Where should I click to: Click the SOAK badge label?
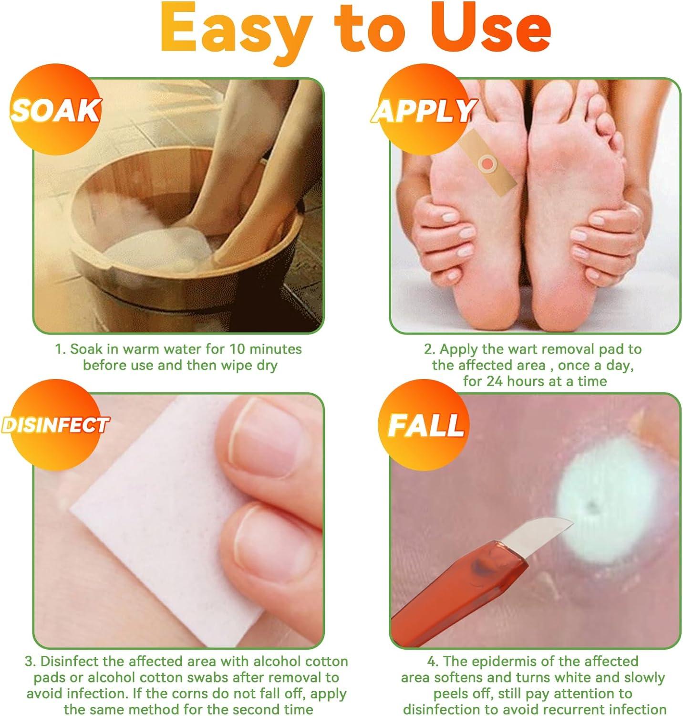pos(55,111)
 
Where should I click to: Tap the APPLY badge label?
pos(423,111)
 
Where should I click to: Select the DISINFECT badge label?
pos(55,424)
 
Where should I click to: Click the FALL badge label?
pos(425,425)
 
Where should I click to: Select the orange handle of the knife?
pos(448,587)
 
